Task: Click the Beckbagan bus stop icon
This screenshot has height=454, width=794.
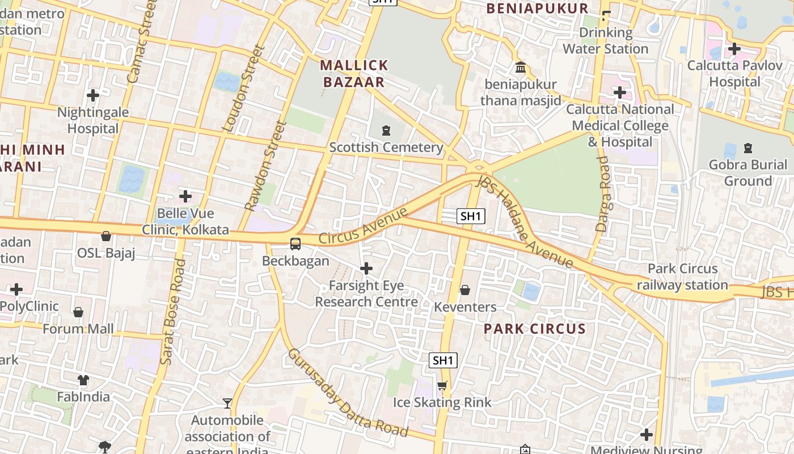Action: (x=295, y=244)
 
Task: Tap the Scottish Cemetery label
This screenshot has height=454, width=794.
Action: (x=386, y=148)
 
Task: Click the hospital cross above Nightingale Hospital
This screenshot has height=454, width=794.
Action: (x=93, y=95)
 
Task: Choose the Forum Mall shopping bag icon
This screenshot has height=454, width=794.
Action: (x=78, y=312)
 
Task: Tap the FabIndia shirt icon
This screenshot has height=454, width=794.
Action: (x=83, y=380)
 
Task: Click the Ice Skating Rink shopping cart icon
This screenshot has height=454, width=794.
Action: (x=442, y=385)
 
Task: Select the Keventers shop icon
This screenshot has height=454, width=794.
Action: (x=465, y=290)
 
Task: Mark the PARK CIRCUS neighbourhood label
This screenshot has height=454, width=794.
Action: (x=534, y=329)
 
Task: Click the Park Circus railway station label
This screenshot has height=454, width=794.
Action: (x=682, y=277)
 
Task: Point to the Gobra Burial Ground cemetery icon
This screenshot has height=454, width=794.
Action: (x=747, y=148)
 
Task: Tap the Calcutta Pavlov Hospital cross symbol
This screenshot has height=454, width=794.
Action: (x=734, y=49)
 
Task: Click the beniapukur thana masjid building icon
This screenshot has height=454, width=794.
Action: (x=521, y=68)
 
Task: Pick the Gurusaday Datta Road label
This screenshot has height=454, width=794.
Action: (x=348, y=393)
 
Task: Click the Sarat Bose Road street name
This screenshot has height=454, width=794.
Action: (x=174, y=312)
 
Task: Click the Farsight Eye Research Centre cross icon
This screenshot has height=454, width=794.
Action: (x=366, y=268)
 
